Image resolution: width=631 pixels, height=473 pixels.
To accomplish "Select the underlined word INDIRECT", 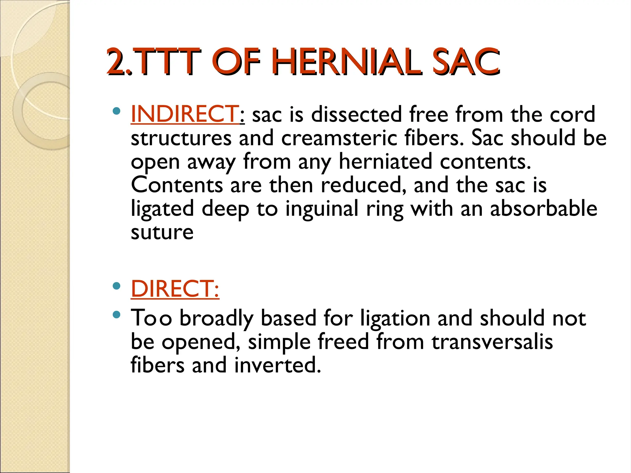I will (x=184, y=114).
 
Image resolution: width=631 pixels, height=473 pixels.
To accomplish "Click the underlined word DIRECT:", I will (x=175, y=289).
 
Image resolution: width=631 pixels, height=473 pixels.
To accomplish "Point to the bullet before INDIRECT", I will (x=116, y=111).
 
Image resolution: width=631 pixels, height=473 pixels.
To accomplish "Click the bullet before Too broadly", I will (x=116, y=315).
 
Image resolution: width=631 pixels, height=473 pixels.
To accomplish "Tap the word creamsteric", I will (x=339, y=138).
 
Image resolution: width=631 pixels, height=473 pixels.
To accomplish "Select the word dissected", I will (x=356, y=114).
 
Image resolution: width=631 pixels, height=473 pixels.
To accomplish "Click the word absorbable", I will (x=543, y=208).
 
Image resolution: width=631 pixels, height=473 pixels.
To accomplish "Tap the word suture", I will (x=162, y=232).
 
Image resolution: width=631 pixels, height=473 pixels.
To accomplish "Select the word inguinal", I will (x=322, y=209).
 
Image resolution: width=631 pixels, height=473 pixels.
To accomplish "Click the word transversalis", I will (x=492, y=342).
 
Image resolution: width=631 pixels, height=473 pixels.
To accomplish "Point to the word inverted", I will (x=277, y=365).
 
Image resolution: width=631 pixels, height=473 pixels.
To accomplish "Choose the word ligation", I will (x=395, y=318).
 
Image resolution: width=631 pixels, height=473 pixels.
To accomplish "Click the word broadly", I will (x=216, y=318).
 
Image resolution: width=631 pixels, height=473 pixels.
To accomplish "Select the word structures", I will (x=181, y=138).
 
